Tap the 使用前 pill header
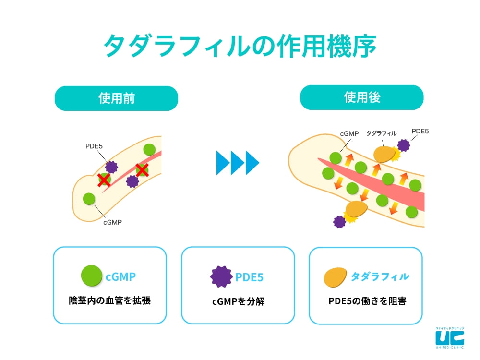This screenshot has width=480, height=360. pyautogui.click(x=116, y=98)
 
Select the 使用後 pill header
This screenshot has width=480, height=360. pyautogui.click(x=361, y=98)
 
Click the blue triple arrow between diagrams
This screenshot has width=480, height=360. pyautogui.click(x=238, y=162)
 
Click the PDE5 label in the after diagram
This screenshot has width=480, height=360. pyautogui.click(x=420, y=131)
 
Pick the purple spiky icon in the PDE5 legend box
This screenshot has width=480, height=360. pyautogui.click(x=221, y=277)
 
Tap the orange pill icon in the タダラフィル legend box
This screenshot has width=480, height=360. pyautogui.click(x=336, y=277)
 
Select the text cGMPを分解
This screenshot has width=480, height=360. pyautogui.click(x=238, y=301)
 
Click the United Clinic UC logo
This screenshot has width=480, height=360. pyautogui.click(x=449, y=337)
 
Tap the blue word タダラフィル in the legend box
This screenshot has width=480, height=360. pyautogui.click(x=380, y=277)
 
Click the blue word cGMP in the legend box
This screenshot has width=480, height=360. pyautogui.click(x=121, y=277)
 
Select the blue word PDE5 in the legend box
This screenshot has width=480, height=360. pyautogui.click(x=249, y=277)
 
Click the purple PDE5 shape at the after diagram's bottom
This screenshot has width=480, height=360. pyautogui.click(x=339, y=221)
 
